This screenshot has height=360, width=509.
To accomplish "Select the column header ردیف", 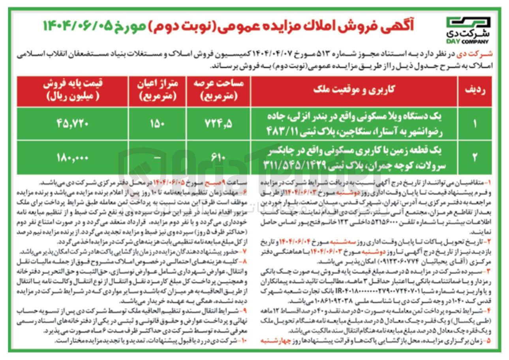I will tap(475, 90).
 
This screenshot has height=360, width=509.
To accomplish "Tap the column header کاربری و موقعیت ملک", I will tap(354, 90).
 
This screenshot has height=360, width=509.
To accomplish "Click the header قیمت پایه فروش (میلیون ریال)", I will tap(73, 90).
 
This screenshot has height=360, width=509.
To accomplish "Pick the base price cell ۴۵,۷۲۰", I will tap(73, 124).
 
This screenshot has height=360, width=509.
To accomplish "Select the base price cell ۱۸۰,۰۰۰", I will tap(73, 158).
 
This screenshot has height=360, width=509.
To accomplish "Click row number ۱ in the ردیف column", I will tap(475, 124).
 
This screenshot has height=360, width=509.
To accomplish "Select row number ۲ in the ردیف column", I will tap(475, 158).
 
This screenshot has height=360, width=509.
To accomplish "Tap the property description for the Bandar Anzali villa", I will tap(354, 124).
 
